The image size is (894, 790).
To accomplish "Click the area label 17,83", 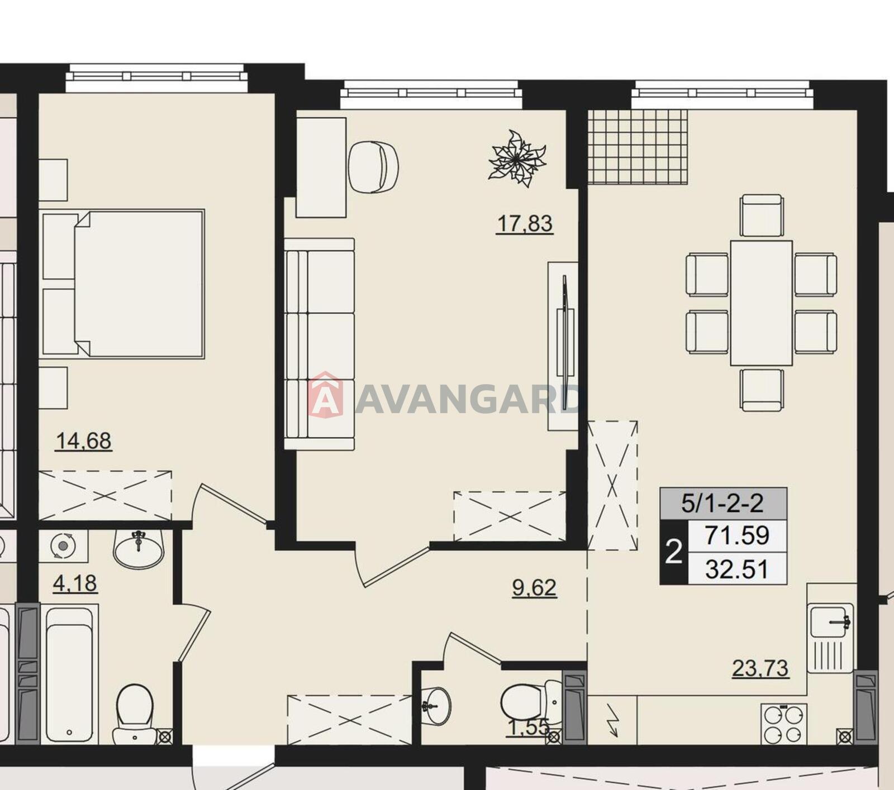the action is click(525, 223).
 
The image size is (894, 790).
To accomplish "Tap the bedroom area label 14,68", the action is click(84, 441).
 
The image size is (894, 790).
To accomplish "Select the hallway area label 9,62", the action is click(534, 587).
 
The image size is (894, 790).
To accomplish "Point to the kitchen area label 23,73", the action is click(760, 668).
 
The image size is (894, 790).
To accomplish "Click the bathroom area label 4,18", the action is click(75, 583).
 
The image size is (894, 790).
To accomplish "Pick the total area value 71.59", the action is click(737, 535).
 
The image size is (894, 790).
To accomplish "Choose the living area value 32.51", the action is click(737, 569).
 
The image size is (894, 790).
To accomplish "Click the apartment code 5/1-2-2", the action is click(722, 504).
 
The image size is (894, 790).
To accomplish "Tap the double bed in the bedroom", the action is click(123, 284).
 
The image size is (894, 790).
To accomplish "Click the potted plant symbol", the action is click(517, 159).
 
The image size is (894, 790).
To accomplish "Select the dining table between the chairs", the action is click(761, 303).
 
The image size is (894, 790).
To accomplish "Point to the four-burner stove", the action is click(783, 724).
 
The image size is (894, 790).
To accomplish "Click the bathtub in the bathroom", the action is click(69, 674).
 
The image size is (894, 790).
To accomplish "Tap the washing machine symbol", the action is click(63, 545).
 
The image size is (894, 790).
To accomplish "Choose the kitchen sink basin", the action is click(831, 620).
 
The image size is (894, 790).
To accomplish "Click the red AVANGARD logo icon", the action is click(325, 395).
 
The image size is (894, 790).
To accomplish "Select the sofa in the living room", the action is click(319, 344).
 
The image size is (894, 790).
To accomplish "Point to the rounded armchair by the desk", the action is click(373, 167).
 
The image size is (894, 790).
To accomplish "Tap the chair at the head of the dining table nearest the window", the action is click(761, 215).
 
